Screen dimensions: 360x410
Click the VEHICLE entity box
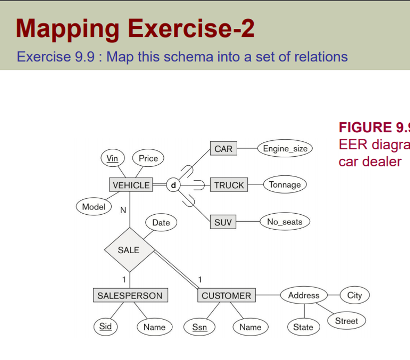click(131, 185)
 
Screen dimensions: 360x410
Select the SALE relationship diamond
click(129, 250)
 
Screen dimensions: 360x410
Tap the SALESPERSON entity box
click(130, 296)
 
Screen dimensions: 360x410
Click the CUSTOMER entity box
click(226, 296)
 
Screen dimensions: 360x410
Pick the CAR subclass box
click(223, 149)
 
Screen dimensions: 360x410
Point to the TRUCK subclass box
click(229, 185)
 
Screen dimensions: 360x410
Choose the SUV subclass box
click(223, 223)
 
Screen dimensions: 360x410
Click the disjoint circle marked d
click(173, 185)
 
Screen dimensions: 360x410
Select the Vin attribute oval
click(112, 158)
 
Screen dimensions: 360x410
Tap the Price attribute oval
click(148, 158)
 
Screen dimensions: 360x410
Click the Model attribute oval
click(93, 207)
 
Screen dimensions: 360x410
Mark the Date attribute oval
click(161, 223)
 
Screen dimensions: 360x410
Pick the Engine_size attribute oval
click(285, 149)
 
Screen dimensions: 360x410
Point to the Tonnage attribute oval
click(285, 185)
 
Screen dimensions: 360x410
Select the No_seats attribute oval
click(285, 222)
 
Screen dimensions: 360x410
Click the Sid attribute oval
click(105, 327)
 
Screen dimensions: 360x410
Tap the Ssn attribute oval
click(199, 327)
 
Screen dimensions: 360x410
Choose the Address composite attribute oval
click(303, 296)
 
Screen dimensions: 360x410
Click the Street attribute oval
click(347, 321)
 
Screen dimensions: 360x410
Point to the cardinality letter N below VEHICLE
click(123, 211)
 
